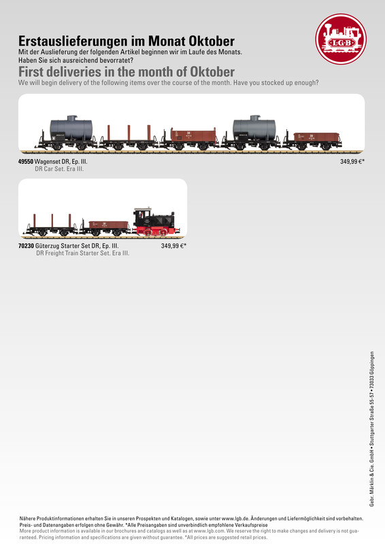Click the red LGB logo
[x=341, y=39]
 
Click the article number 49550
[x=26, y=162]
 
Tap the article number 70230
[x=26, y=246]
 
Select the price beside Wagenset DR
[x=352, y=162]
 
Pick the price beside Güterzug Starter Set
[x=173, y=246]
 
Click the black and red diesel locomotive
[x=156, y=222]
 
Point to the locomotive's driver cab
[x=143, y=216]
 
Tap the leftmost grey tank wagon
[x=69, y=133]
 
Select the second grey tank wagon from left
[x=252, y=133]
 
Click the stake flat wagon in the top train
[x=129, y=138]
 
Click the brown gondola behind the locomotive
[x=105, y=228]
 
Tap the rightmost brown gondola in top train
[x=313, y=140]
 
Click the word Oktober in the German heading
[x=212, y=41]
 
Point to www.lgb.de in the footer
[x=235, y=519]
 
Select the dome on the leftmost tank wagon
[x=72, y=118]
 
